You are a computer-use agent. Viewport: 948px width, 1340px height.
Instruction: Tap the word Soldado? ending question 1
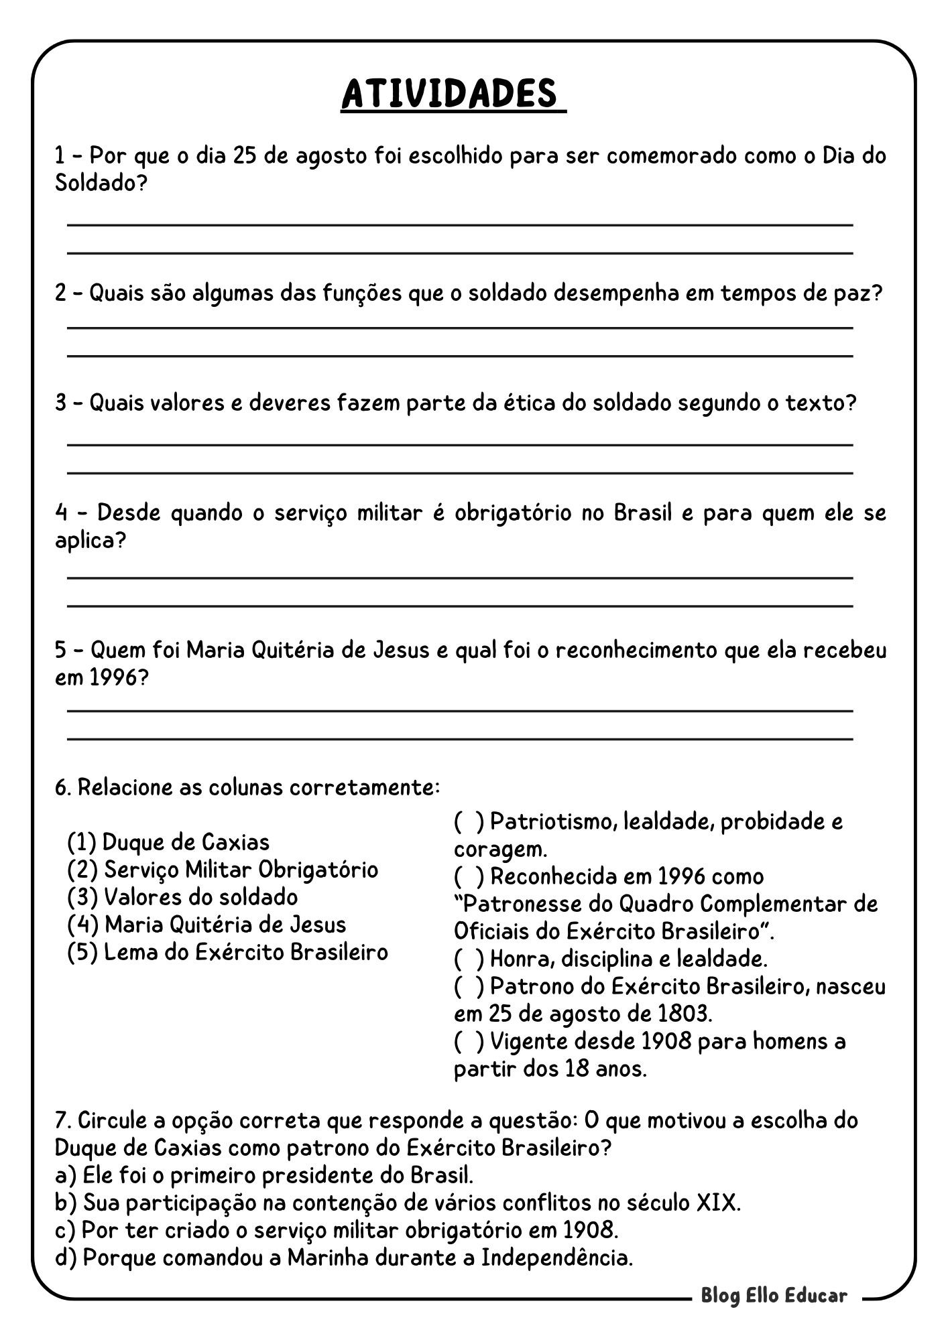pyautogui.click(x=100, y=183)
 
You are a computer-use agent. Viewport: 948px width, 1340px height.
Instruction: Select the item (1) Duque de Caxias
pyautogui.click(x=168, y=842)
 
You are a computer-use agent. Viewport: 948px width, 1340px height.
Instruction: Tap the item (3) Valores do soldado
pyautogui.click(x=182, y=896)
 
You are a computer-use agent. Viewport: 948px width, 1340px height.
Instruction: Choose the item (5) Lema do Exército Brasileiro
pyautogui.click(x=228, y=951)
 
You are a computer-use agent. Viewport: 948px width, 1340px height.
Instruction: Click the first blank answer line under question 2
pyautogui.click(x=460, y=328)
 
